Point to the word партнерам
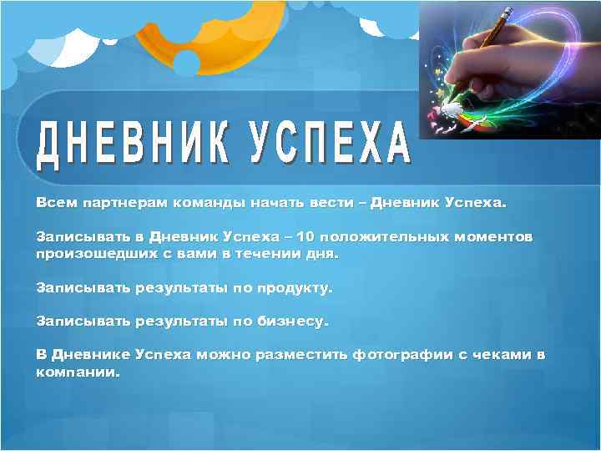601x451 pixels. coord(120,202)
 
